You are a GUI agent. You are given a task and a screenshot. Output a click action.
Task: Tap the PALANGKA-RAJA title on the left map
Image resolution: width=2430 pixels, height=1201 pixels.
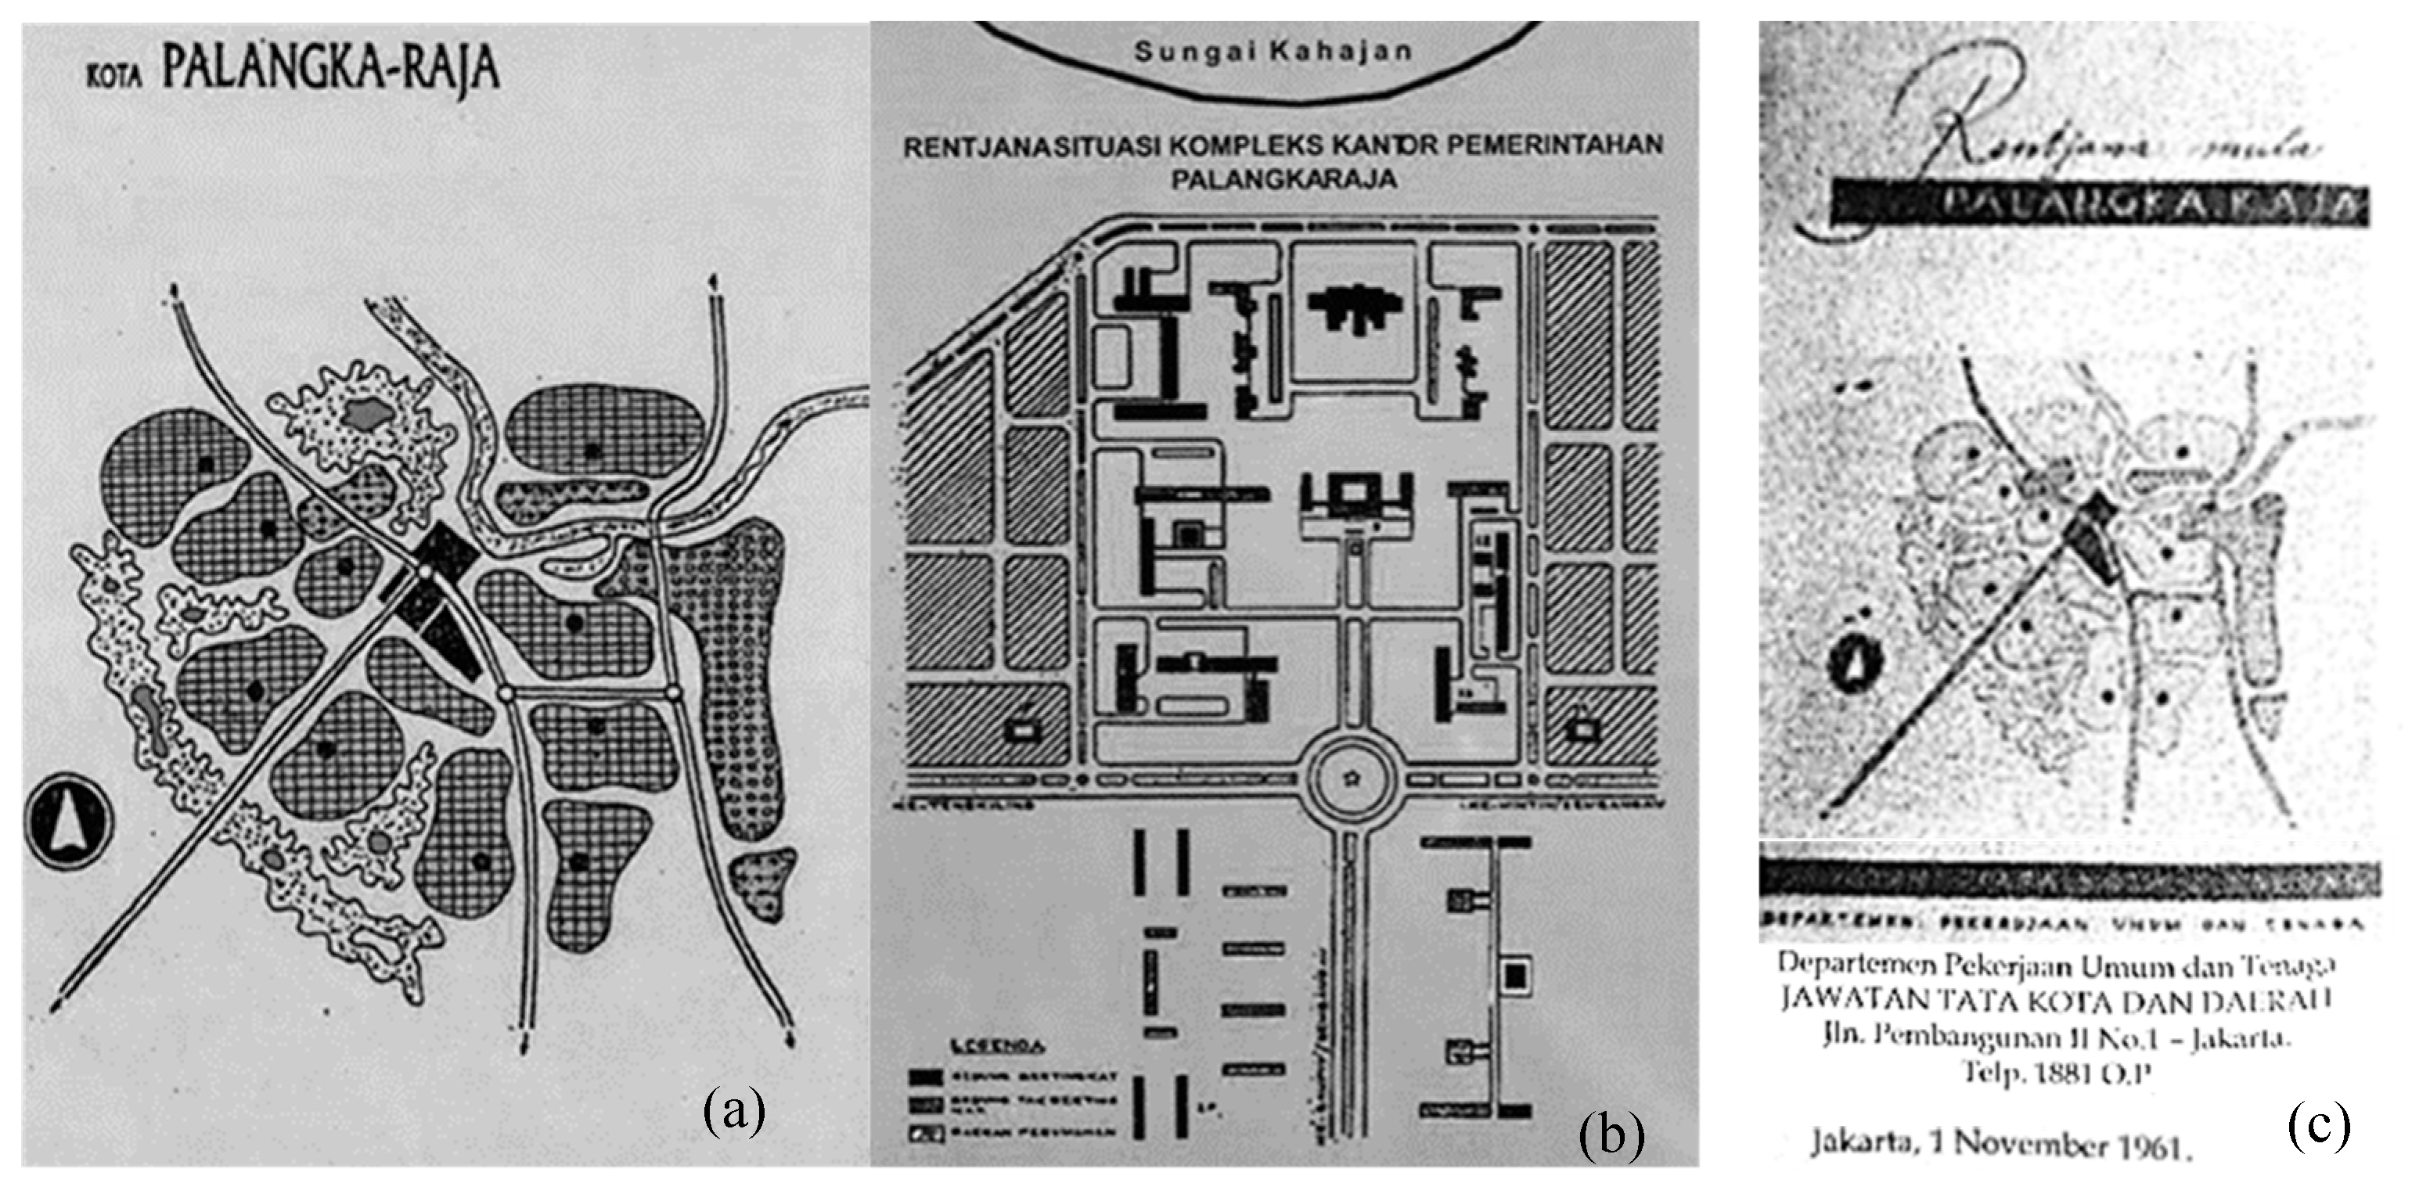tap(330, 69)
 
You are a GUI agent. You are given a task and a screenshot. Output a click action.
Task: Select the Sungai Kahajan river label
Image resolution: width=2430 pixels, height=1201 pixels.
tap(1273, 51)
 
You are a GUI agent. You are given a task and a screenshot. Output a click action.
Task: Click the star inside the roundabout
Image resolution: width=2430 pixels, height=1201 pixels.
tap(1355, 778)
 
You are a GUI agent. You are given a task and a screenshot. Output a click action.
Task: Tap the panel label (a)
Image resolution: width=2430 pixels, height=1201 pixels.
tap(734, 1110)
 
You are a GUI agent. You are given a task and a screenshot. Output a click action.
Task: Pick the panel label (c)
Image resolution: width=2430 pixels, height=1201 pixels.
tap(2319, 1124)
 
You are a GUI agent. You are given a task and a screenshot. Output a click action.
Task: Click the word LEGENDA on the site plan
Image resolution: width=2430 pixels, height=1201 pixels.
tap(998, 1046)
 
